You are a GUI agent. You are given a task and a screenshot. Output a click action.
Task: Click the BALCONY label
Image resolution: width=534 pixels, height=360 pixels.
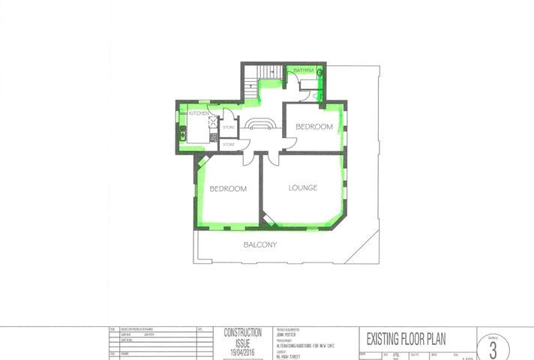[x=260, y=245]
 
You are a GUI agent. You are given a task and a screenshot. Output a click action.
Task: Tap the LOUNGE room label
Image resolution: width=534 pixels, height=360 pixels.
[x=302, y=187]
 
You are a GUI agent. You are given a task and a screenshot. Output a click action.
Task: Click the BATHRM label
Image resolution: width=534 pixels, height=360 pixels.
[x=303, y=70]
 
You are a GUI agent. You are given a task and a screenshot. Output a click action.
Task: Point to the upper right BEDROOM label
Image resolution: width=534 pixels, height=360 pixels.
[x=313, y=127]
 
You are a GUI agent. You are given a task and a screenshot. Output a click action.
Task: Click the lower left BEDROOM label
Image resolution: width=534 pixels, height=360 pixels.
[x=228, y=189]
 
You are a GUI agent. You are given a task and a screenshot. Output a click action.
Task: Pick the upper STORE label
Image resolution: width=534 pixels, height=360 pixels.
[x=229, y=128]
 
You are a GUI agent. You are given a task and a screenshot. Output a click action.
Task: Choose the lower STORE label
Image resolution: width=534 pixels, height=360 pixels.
[x=228, y=143]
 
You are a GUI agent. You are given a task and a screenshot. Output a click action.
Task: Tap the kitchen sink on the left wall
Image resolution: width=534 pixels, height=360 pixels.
[x=183, y=136]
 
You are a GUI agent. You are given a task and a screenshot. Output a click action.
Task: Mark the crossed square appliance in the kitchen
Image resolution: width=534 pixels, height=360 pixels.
[x=213, y=122]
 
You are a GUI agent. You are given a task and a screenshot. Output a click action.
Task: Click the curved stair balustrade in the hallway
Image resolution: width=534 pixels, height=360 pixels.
[x=262, y=123]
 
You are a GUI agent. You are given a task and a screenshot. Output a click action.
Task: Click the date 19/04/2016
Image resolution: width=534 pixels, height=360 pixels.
[x=243, y=350]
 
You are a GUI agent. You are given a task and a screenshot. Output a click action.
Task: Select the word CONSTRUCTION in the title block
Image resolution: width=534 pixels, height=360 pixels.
[x=243, y=332]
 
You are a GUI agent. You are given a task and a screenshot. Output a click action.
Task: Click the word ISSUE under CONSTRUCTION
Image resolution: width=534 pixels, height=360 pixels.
[x=243, y=341]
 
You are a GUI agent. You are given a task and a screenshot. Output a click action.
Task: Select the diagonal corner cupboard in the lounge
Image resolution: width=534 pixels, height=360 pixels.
[x=268, y=218]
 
